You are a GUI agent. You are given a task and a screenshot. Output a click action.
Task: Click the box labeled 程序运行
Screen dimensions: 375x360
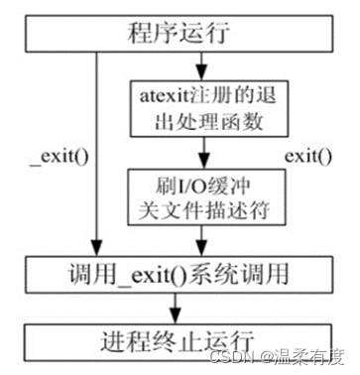pos(180,33)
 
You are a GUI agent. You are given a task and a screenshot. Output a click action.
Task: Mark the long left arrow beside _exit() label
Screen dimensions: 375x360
pos(96,149)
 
